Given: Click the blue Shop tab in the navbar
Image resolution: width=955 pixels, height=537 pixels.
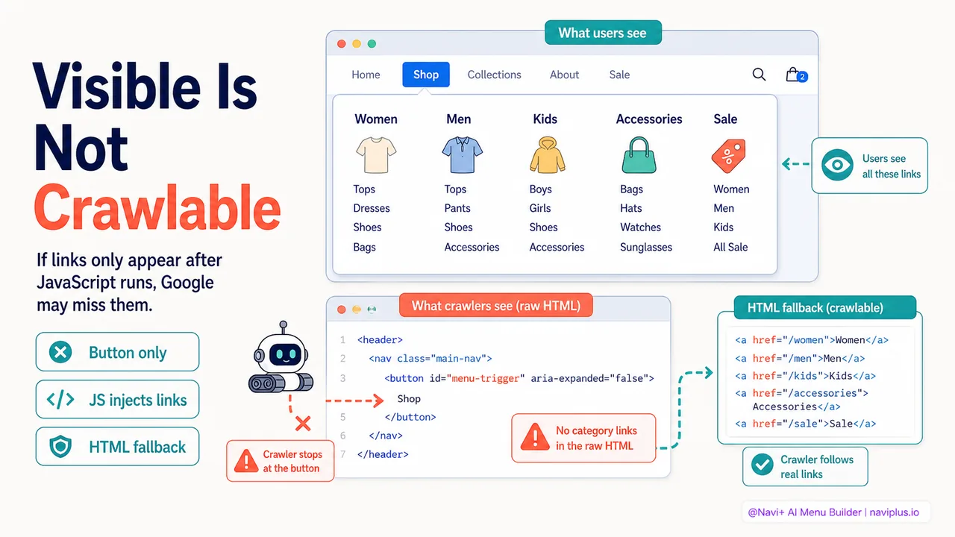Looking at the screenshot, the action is pos(425,75).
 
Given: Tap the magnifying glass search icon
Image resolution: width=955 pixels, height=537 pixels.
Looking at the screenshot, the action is pos(759,75).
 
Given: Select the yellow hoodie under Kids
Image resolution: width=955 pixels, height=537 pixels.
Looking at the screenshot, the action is pos(548,155).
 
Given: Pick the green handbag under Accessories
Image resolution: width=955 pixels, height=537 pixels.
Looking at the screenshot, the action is pos(639,155).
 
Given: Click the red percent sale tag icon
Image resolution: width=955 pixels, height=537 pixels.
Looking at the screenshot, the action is pos(729,156).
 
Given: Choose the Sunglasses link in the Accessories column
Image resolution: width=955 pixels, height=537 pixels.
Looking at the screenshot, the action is pos(646,247).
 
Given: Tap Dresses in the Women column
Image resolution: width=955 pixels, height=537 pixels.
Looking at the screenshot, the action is pos(372,208).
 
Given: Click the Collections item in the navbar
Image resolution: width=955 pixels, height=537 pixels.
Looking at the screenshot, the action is pos(494,75).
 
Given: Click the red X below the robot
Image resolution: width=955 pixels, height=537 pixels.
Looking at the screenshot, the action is pos(303,424).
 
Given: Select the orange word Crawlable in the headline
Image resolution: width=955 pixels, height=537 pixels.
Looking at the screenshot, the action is pos(157,208).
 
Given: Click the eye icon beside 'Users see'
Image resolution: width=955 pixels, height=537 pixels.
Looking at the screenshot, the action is pos(837,165).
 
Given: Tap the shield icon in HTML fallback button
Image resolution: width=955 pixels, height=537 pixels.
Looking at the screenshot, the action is pos(60,447).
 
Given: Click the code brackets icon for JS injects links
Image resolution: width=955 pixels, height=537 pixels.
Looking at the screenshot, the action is pos(60,400).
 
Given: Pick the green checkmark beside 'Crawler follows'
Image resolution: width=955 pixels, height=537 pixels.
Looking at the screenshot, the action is pos(763,465).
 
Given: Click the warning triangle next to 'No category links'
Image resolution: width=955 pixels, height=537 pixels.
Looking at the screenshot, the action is pos(535,437).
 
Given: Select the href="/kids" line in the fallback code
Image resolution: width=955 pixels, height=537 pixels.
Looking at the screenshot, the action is pos(805,376).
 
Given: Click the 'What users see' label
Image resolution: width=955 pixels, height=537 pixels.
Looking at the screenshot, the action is pos(603,33).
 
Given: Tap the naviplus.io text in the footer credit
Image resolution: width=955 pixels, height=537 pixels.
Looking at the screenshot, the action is pos(894,512).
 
